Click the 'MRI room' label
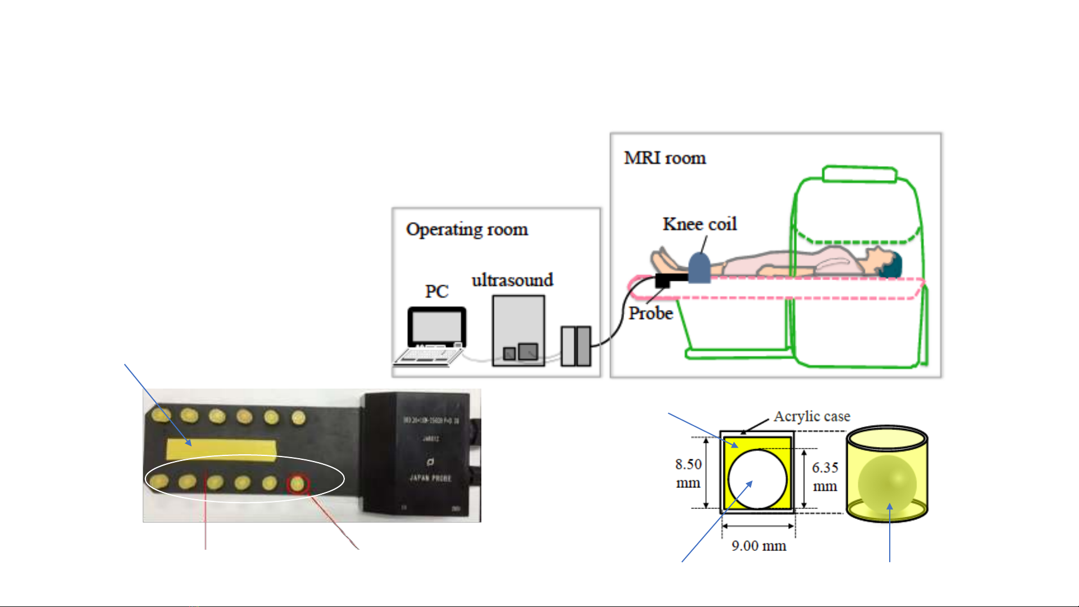point(664,158)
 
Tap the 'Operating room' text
point(467,229)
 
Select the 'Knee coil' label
point(699,224)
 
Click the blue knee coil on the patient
point(699,268)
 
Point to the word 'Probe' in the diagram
point(650,313)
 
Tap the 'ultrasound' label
point(512,280)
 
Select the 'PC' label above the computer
point(436,291)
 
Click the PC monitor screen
point(437,327)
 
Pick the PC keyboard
point(429,357)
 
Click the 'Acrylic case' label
point(812,417)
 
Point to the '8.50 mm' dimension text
point(688,473)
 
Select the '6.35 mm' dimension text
point(825,476)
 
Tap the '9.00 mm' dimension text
point(758,546)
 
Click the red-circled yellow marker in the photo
point(297,483)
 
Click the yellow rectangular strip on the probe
point(221,450)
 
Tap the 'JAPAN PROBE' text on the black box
point(430,478)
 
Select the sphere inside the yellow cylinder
point(887,484)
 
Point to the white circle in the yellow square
point(757,479)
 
